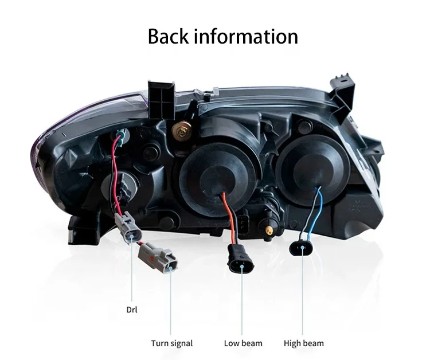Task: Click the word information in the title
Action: click(x=246, y=36)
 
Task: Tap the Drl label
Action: click(x=132, y=310)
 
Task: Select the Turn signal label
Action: click(x=172, y=343)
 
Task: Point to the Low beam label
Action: click(x=243, y=343)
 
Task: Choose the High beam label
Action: click(x=303, y=343)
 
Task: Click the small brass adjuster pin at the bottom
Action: click(x=268, y=229)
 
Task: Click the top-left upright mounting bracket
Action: click(x=161, y=100)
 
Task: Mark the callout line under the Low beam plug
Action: click(x=242, y=304)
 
